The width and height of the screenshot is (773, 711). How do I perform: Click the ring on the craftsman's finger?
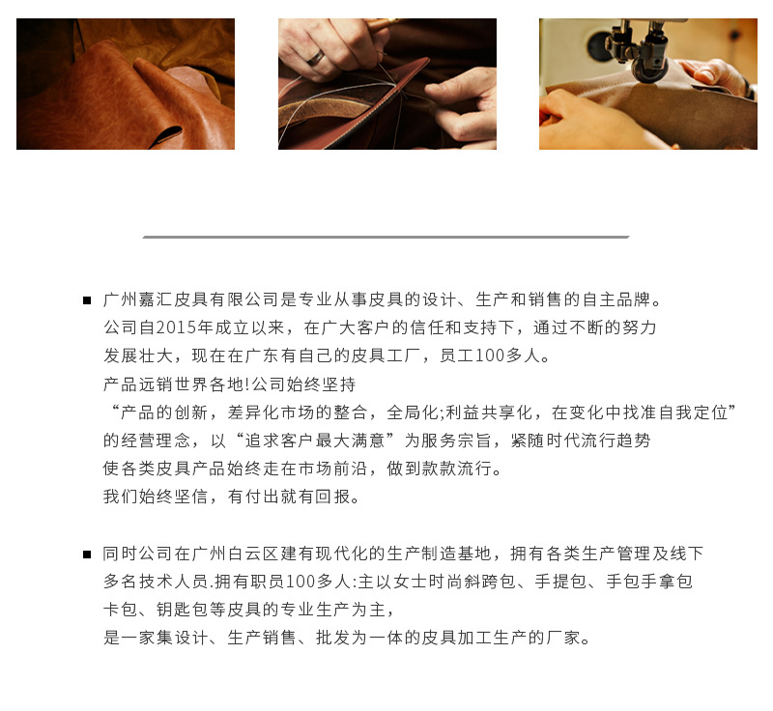click(x=316, y=58)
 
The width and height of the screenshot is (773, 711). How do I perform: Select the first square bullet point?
click(x=87, y=300)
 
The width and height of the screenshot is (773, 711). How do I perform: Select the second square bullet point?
click(x=87, y=555)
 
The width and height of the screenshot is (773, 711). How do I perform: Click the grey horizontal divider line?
click(x=386, y=237)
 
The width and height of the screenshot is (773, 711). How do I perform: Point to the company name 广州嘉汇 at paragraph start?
click(x=138, y=299)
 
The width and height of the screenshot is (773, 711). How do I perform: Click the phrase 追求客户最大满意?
click(x=315, y=441)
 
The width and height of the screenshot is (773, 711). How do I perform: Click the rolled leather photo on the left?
click(x=126, y=84)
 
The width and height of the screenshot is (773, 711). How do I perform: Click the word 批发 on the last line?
click(x=332, y=639)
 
